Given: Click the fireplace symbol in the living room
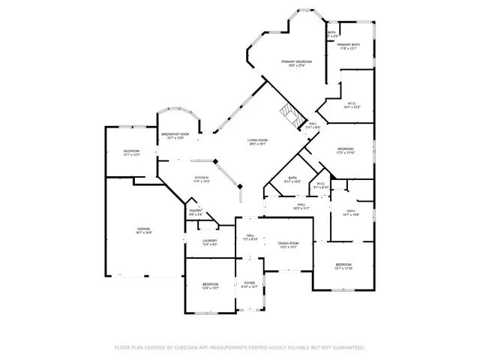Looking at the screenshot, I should point(289,115).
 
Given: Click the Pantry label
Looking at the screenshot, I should point(195,211).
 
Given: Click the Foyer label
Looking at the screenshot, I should point(249,284).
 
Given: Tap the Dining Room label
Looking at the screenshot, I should point(289,244).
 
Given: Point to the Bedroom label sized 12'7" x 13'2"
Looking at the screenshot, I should point(131,152).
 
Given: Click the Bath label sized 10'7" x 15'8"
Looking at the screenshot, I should point(351,212).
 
